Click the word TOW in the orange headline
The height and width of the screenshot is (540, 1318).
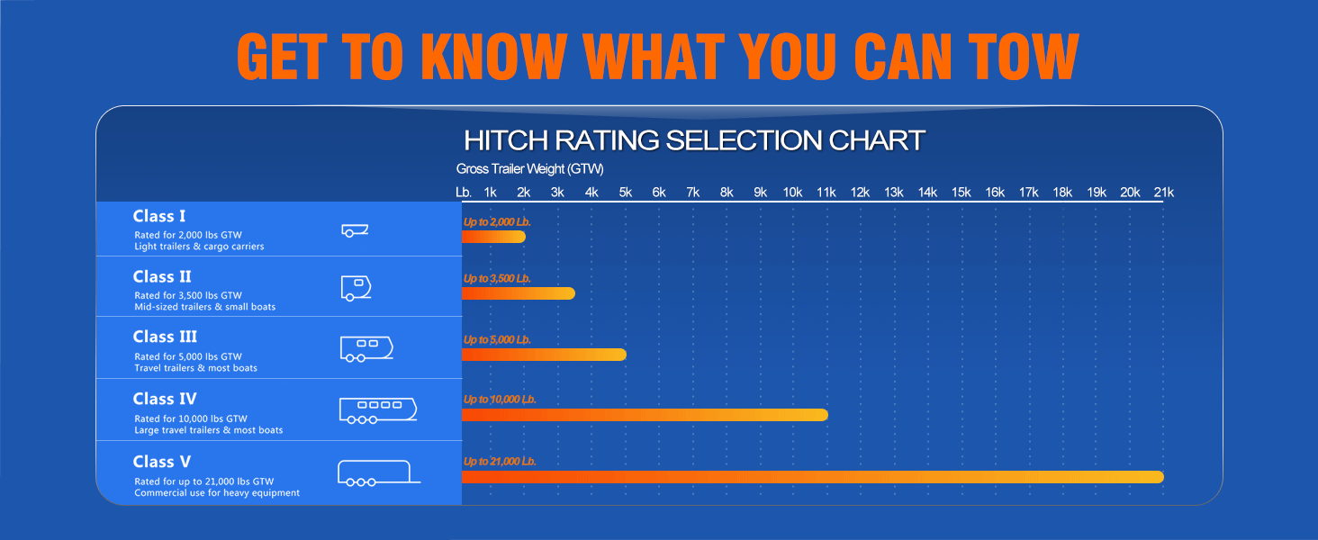point(1024,56)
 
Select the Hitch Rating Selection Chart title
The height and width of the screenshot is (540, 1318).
point(694,140)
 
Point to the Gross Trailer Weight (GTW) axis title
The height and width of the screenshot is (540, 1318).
point(529,169)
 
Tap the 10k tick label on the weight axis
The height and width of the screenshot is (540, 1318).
point(792,193)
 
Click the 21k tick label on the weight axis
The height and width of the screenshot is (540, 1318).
point(1164,193)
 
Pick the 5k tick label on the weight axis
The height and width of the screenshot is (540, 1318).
point(626,193)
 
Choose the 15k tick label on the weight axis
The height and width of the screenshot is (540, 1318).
point(961,193)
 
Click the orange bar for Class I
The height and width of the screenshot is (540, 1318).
point(493,237)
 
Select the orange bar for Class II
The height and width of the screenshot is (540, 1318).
point(519,292)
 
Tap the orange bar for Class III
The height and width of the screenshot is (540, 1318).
point(545,354)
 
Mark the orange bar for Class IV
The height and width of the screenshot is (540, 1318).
point(645,415)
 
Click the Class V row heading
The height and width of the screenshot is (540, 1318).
point(162,462)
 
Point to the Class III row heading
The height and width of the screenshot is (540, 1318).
point(165,337)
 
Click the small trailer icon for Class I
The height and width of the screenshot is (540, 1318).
point(355,230)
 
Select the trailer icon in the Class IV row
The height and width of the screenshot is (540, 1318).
point(378,410)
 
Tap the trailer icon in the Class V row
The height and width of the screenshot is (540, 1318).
point(379,473)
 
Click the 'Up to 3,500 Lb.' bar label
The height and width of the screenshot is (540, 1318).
point(497,278)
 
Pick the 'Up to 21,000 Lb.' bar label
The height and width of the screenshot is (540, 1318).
point(500,461)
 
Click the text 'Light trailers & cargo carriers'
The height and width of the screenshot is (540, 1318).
point(199,247)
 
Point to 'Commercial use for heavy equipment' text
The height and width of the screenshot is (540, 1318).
point(217,493)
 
